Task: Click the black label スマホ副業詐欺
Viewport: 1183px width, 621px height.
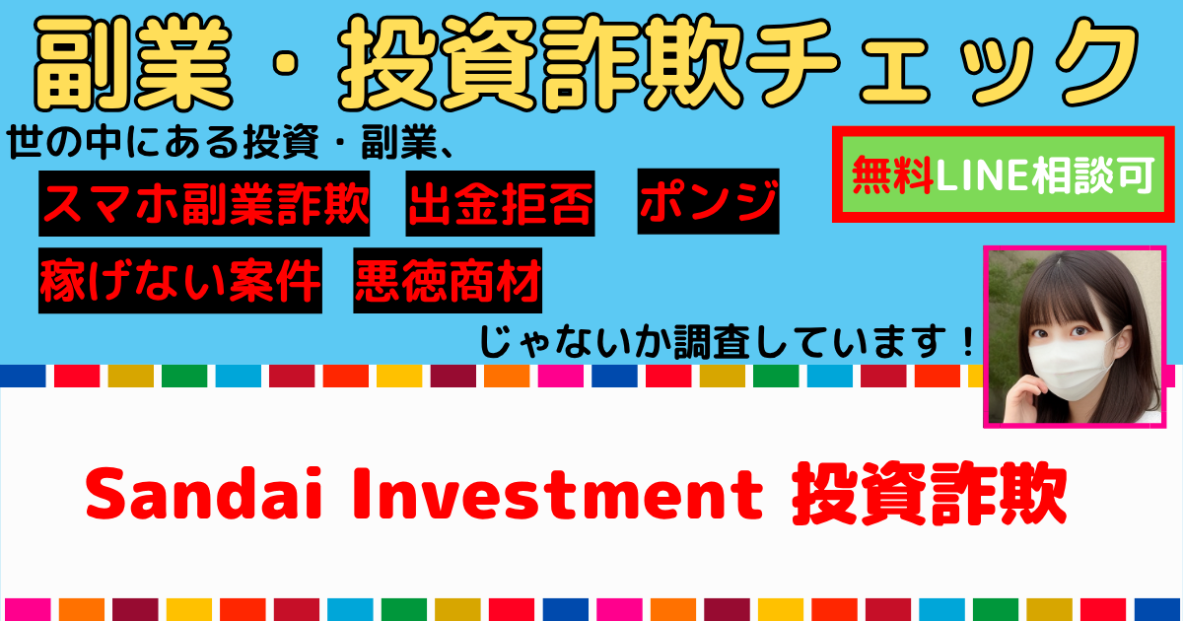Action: click(204, 203)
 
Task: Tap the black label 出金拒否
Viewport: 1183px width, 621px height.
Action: click(500, 203)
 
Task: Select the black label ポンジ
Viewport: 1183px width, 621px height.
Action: click(708, 201)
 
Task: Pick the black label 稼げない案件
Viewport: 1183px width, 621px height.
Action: click(180, 280)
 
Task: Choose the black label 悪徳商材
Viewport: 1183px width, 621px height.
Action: click(448, 280)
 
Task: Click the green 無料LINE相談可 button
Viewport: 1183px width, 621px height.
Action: click(1004, 174)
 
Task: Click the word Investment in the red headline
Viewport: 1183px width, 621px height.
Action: click(558, 494)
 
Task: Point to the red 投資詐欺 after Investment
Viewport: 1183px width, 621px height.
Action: click(929, 494)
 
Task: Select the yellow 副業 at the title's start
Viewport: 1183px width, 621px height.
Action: click(132, 63)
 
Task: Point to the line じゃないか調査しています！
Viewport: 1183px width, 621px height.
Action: click(727, 342)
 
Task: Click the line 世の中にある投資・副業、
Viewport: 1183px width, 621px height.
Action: click(231, 143)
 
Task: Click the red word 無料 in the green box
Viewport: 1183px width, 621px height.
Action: click(892, 174)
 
